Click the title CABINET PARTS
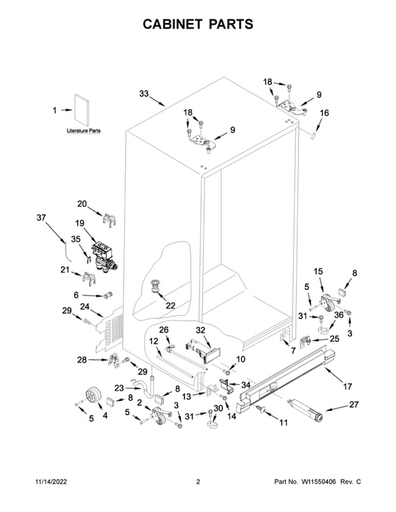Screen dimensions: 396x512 [x=198, y=24]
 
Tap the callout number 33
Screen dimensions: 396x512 [x=144, y=94]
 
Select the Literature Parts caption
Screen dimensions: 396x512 [x=84, y=131]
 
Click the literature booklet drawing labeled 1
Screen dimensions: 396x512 [x=81, y=111]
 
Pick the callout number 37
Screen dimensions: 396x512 [x=41, y=218]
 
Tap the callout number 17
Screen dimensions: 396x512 [x=347, y=387]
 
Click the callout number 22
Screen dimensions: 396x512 [x=170, y=306]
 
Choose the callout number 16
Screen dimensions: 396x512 [x=324, y=113]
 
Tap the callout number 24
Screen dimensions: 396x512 [x=85, y=307]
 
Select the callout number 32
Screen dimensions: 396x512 [x=200, y=330]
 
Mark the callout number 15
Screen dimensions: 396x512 [x=318, y=271]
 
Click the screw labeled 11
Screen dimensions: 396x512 [x=261, y=408]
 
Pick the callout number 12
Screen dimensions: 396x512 [x=154, y=341]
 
